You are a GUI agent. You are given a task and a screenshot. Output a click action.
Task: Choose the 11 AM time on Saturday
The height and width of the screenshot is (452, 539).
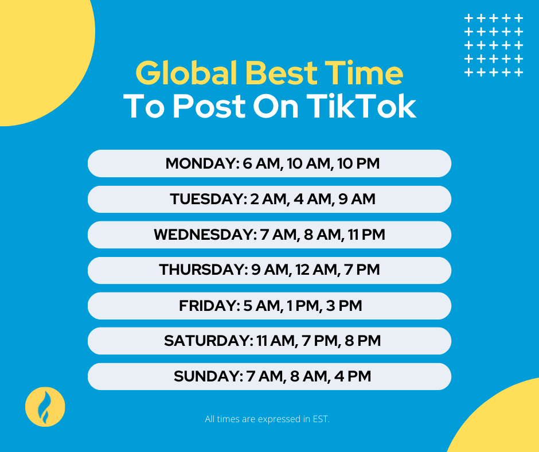click(x=274, y=341)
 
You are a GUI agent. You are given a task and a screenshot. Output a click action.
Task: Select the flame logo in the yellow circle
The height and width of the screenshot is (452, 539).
click(x=45, y=407)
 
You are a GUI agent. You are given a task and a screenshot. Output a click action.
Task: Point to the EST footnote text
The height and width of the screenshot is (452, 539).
click(x=267, y=419)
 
